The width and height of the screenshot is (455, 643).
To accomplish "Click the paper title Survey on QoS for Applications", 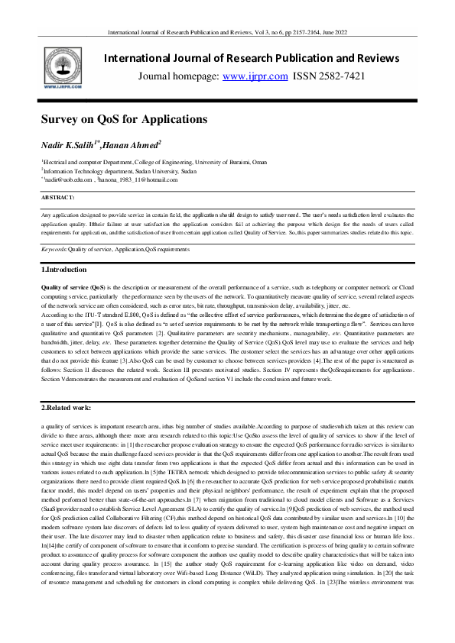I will click(x=124, y=119).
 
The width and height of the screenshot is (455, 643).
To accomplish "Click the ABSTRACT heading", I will click(x=58, y=197).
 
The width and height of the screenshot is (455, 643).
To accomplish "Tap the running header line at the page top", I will click(x=227, y=34).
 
